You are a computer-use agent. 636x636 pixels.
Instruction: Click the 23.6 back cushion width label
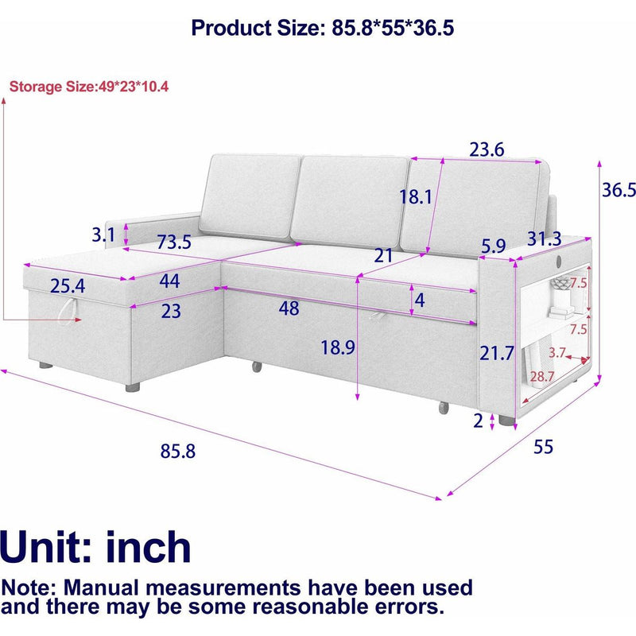pos(487,149)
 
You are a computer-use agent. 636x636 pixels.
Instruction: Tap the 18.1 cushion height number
pos(415,197)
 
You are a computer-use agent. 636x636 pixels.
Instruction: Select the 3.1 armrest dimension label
pos(104,235)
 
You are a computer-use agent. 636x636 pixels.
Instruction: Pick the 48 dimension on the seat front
pos(289,308)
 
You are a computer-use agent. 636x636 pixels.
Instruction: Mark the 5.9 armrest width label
pos(493,246)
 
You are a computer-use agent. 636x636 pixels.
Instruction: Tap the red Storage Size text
pos(88,86)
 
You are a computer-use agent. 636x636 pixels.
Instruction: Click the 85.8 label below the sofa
pos(178,451)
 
